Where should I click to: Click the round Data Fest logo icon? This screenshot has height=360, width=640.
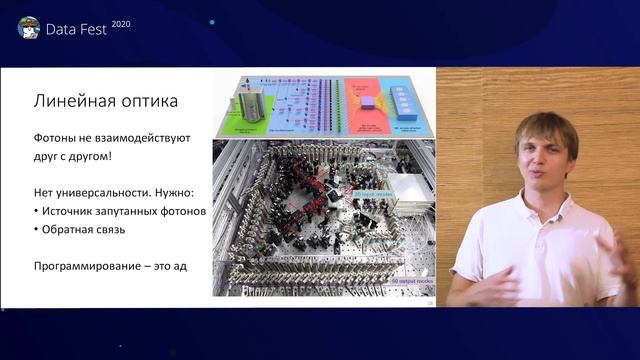tap(29, 27)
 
